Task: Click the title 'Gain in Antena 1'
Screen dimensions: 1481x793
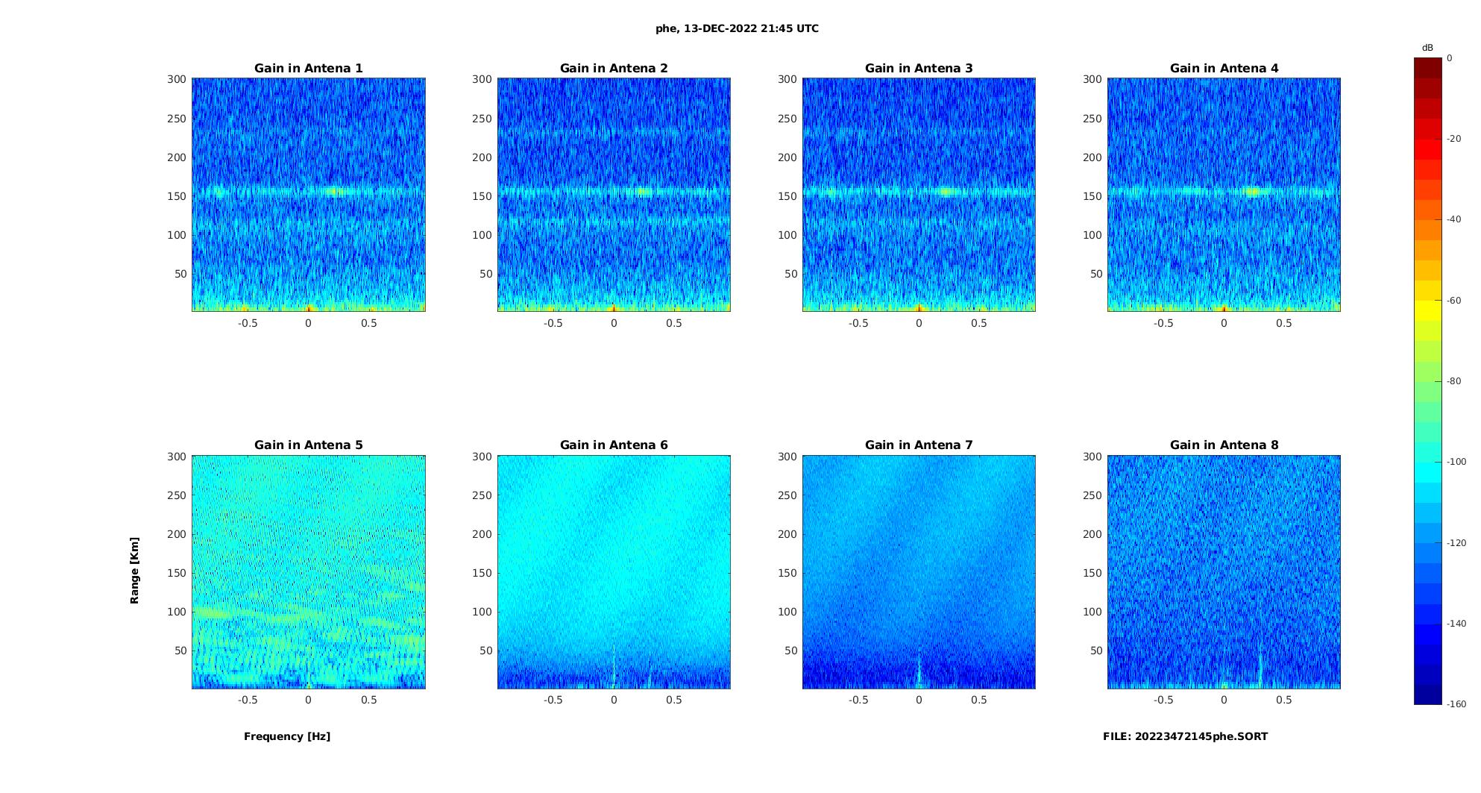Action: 308,69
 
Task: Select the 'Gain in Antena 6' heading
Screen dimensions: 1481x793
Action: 614,445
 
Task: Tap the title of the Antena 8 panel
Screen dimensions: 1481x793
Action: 1224,445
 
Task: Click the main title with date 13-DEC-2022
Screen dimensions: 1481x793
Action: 737,29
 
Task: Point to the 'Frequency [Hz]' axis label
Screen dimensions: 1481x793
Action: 287,736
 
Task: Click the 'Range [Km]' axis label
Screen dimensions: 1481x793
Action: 135,570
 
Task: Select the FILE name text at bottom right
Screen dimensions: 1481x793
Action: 1185,736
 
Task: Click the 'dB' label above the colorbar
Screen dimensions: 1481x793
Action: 1427,48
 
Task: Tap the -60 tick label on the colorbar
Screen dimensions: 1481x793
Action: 1454,301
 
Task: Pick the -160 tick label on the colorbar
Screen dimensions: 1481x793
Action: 1456,704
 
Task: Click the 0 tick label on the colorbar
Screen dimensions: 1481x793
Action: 1450,58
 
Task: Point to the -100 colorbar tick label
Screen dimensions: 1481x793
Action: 1456,462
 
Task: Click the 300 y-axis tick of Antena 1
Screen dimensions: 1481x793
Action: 177,79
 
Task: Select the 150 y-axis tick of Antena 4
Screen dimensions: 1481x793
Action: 1092,196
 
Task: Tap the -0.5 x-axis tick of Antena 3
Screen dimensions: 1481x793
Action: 858,323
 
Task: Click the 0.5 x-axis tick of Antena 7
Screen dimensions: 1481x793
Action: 979,700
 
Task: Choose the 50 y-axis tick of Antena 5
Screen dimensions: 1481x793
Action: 180,651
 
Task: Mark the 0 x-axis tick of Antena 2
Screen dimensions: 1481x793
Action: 614,323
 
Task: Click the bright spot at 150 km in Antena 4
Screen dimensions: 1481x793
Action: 1252,192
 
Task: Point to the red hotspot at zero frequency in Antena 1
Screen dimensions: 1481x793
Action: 309,307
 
